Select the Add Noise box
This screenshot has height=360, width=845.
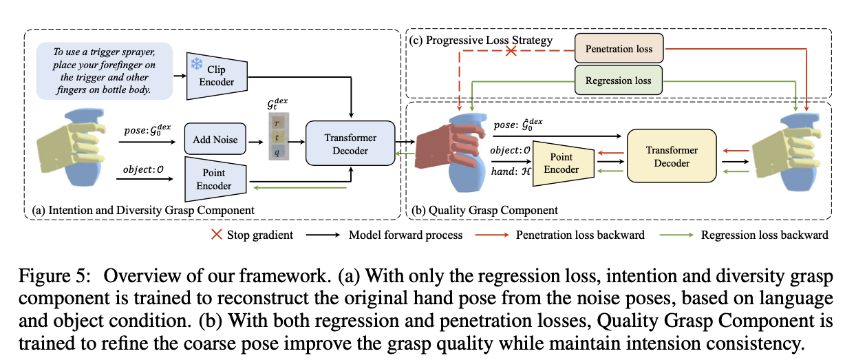(215, 140)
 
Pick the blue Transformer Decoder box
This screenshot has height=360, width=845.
(350, 144)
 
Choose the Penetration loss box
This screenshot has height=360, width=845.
(618, 49)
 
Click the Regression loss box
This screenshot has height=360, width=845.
(618, 80)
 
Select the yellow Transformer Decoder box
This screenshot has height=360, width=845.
(671, 157)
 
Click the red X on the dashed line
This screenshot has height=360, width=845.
(511, 52)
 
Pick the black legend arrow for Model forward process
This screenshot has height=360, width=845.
(328, 235)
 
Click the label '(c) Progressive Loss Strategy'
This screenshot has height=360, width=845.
(481, 40)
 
